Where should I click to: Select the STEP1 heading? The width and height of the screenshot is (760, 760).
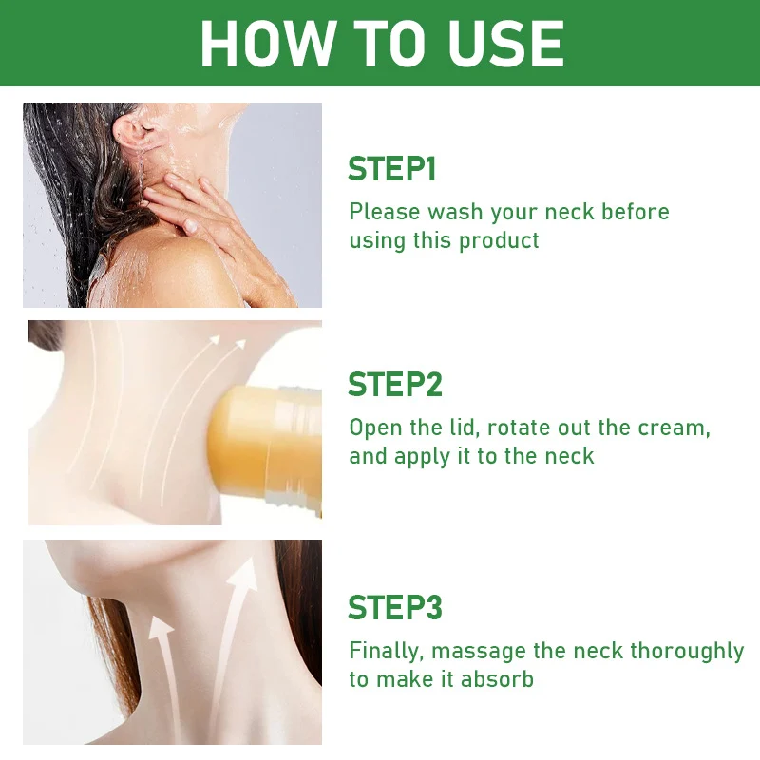(x=392, y=169)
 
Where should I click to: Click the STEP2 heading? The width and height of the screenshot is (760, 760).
(x=395, y=385)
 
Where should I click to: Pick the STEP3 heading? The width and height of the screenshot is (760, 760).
(x=395, y=607)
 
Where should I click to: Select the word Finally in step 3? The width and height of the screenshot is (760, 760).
(x=387, y=652)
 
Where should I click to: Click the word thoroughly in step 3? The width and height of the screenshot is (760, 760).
(x=687, y=652)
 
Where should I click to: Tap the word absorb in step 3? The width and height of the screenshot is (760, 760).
(x=497, y=679)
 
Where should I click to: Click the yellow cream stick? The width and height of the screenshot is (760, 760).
(x=264, y=448)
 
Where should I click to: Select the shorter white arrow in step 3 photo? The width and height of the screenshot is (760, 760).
(x=163, y=678)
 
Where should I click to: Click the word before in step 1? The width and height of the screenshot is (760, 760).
(x=635, y=212)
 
